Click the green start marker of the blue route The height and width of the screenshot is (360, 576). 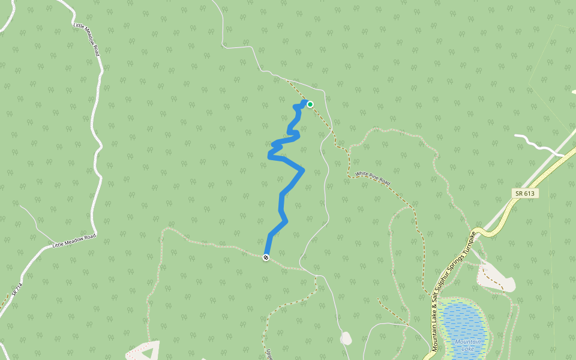pyautogui.click(x=310, y=104)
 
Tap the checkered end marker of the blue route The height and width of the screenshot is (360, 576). pyautogui.click(x=266, y=257)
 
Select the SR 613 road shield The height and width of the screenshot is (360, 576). pyautogui.click(x=525, y=193)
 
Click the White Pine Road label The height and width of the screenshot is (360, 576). pyautogui.click(x=373, y=178)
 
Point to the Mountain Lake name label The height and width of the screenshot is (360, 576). pyautogui.click(x=467, y=345)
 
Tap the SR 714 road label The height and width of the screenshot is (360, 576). pyautogui.click(x=17, y=290)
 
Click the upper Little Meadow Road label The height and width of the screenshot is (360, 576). pyautogui.click(x=85, y=40)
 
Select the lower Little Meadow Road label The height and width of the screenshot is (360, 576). pyautogui.click(x=74, y=241)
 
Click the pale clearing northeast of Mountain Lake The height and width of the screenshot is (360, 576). pyautogui.click(x=496, y=277)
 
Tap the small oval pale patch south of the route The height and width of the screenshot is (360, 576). pyautogui.click(x=346, y=338)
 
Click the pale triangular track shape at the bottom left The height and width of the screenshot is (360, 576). pyautogui.click(x=146, y=350)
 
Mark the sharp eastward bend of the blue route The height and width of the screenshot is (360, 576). pyautogui.click(x=302, y=170)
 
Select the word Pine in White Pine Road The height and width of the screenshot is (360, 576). pyautogui.click(x=372, y=178)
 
